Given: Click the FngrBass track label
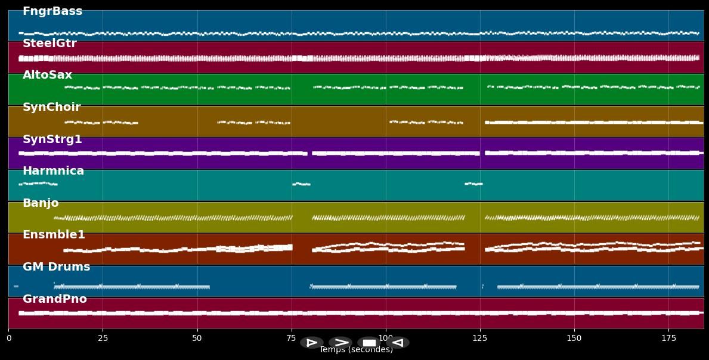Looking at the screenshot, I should (52, 11).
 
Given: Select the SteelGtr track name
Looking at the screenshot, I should (49, 44).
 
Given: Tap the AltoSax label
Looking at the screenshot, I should (47, 75).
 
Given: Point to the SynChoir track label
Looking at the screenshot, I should (51, 107).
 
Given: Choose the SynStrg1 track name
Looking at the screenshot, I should (52, 139).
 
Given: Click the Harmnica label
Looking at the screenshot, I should (53, 171).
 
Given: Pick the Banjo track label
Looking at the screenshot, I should (41, 203).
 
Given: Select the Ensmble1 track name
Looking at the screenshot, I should (54, 235).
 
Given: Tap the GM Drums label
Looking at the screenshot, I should (56, 267).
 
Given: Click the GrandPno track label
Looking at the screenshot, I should (54, 299).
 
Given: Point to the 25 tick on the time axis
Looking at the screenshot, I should (103, 339).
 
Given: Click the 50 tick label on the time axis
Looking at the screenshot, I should (197, 339).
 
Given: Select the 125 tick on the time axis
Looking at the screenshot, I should (480, 339).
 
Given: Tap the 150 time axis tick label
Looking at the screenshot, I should (574, 339).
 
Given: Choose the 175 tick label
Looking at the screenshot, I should (668, 339).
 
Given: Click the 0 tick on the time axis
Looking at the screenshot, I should (8, 339).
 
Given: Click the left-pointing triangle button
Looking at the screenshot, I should (398, 343).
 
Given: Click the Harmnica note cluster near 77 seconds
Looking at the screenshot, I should (301, 184).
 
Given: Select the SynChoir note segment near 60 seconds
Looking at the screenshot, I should (234, 122).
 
